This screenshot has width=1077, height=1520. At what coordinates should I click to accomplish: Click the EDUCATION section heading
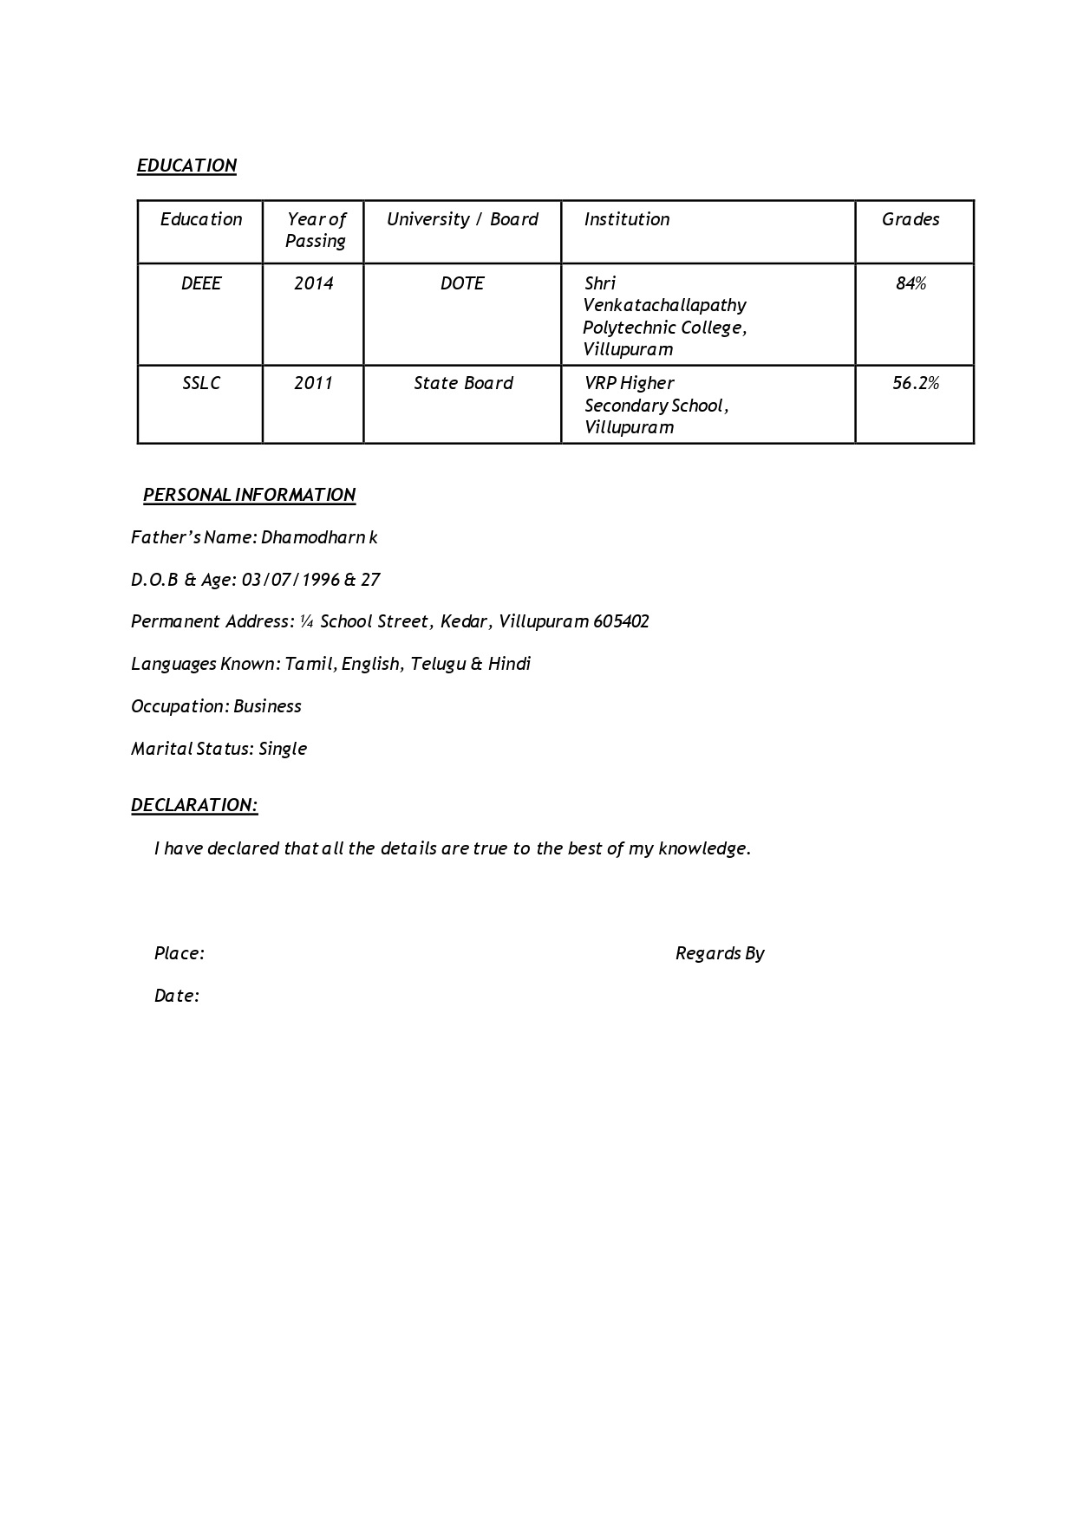[x=186, y=166]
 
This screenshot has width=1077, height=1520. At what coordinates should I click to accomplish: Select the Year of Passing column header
[x=316, y=231]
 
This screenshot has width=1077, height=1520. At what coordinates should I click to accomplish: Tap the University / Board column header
[x=462, y=219]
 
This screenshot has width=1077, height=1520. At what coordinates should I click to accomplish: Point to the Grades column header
[x=911, y=219]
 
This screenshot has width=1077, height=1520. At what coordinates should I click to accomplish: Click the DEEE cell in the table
[x=201, y=283]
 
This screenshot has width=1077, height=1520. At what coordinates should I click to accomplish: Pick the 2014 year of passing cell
[x=313, y=283]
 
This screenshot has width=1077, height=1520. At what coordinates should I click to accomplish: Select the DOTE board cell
[x=462, y=283]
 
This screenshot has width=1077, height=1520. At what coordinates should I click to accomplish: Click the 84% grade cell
[x=911, y=283]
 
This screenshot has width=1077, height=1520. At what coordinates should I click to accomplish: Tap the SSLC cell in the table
[x=201, y=383]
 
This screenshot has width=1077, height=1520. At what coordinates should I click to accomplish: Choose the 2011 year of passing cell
[x=313, y=383]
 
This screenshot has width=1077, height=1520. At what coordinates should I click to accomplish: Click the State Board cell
[x=463, y=383]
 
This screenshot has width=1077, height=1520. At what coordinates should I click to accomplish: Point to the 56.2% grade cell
[x=916, y=383]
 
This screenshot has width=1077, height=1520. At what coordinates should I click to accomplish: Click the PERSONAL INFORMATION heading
[x=249, y=495]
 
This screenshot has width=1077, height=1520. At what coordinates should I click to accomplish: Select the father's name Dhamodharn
[x=313, y=537]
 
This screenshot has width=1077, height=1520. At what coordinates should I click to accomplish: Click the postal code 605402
[x=621, y=621]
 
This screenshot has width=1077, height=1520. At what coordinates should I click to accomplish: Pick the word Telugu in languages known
[x=438, y=664]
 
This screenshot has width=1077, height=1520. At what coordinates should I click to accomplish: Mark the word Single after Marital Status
[x=283, y=749]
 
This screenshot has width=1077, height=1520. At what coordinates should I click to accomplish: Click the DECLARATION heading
[x=194, y=805]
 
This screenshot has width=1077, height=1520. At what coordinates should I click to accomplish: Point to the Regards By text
[x=720, y=953]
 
